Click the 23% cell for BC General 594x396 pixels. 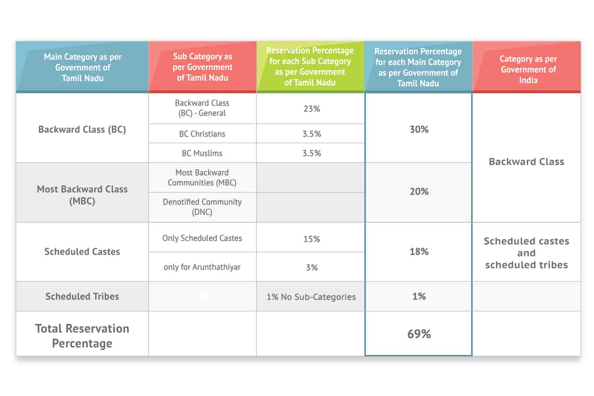(x=311, y=108)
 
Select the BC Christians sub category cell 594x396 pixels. (x=202, y=134)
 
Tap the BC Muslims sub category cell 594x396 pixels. (x=202, y=153)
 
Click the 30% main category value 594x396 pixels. (x=419, y=129)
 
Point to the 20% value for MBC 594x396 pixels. (x=419, y=192)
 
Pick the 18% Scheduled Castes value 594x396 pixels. (x=419, y=251)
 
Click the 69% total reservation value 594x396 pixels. (x=419, y=334)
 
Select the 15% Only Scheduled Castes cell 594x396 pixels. (x=311, y=239)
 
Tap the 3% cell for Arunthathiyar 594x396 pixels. (x=311, y=267)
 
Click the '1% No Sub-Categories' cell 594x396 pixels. (x=311, y=297)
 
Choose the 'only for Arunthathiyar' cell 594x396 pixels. (x=202, y=267)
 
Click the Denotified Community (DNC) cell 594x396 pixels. (x=202, y=207)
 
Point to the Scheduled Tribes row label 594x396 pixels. (x=82, y=297)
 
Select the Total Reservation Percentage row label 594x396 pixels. (x=82, y=336)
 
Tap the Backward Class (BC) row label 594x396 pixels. (x=82, y=130)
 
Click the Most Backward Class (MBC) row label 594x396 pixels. (x=82, y=195)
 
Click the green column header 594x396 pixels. (x=310, y=66)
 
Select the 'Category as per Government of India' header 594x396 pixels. (x=527, y=69)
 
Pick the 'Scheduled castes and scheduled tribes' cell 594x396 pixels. (x=526, y=253)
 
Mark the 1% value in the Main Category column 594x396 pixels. (x=419, y=297)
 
